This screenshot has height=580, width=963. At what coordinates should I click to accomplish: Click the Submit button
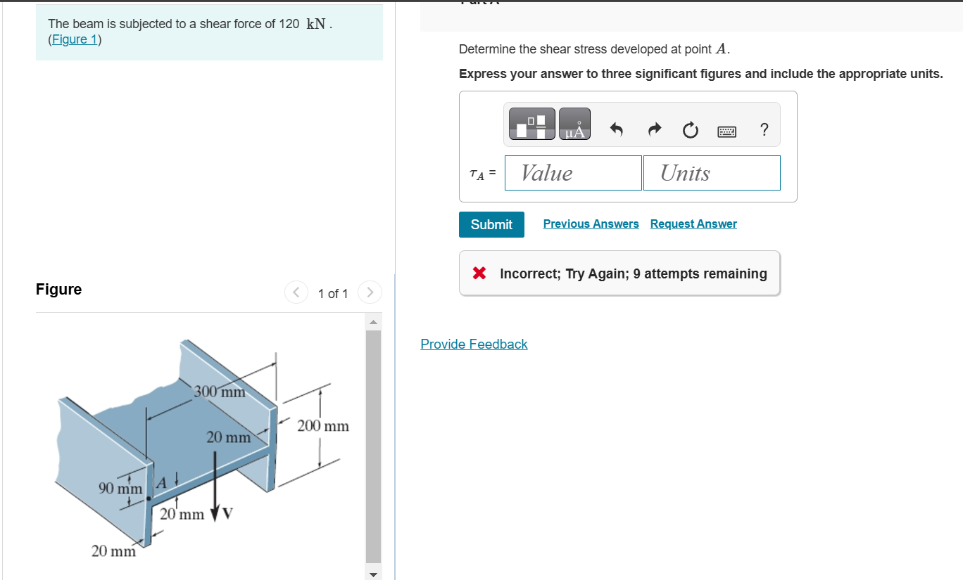tap(491, 224)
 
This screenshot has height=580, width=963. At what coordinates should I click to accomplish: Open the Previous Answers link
tap(591, 224)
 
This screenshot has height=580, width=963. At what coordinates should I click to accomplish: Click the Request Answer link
tap(693, 224)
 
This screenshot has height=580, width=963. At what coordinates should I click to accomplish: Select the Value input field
tap(573, 173)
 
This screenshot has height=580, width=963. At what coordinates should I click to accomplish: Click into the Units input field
tap(712, 173)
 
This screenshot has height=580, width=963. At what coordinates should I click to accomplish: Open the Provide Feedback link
tap(474, 344)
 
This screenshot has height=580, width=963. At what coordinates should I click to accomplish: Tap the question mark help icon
tap(764, 130)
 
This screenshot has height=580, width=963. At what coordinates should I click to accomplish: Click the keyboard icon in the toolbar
tap(727, 131)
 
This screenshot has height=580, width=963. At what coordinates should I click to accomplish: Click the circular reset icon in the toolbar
tap(690, 130)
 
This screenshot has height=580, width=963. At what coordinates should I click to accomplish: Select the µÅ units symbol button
tap(575, 124)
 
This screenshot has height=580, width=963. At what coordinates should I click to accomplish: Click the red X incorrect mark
tap(479, 273)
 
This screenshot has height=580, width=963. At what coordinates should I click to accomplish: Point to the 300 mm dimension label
tap(220, 392)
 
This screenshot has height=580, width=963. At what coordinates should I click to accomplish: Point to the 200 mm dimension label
tap(323, 426)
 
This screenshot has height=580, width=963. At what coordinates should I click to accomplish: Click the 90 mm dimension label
tap(120, 488)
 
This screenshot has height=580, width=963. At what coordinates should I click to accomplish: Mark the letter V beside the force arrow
tap(227, 513)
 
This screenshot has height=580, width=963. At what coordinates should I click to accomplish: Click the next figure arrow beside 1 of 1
tap(370, 292)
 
